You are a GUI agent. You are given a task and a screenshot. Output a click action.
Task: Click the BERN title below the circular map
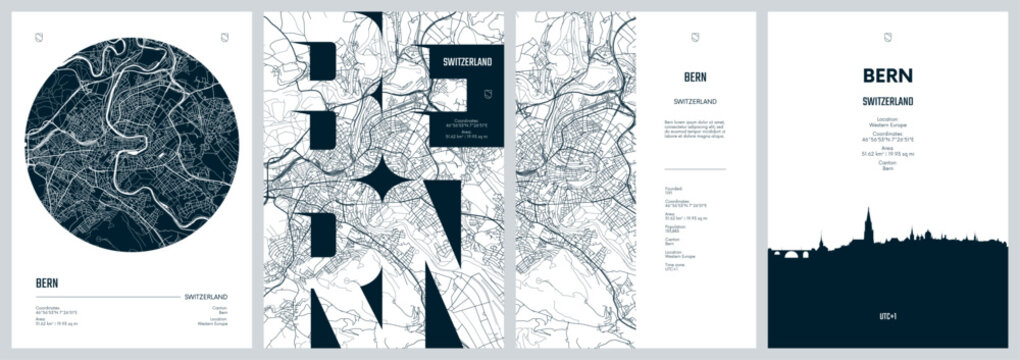(x=46, y=282)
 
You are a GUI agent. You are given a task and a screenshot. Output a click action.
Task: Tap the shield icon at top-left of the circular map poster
(x=38, y=39)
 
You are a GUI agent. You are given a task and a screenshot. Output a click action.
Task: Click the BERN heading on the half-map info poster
(x=694, y=76)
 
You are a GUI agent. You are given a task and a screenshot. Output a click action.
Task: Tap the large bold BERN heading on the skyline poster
(x=887, y=76)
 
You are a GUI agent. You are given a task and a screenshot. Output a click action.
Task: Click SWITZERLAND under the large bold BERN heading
(x=887, y=101)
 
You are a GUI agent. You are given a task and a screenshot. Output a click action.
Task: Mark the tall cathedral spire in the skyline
(x=868, y=222)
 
